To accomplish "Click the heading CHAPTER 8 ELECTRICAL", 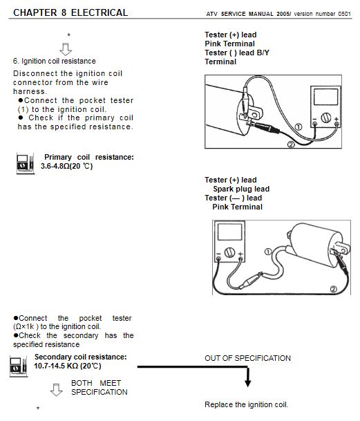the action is pos(70,12).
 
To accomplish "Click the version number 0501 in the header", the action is pos(344,14).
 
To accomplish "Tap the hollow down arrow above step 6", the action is pos(66,49).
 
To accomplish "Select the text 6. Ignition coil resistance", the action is pos(54,61).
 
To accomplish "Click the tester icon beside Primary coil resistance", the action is pos(26,163).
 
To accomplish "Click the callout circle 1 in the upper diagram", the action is pos(299,127).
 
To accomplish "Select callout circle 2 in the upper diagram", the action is pos(291,144).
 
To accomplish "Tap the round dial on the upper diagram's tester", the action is pos(325,118).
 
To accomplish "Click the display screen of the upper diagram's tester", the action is pos(325,97).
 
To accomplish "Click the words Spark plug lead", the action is pos(241,189).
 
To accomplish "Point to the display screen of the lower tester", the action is pos(229,232).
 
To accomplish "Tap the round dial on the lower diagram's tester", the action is pos(229,252).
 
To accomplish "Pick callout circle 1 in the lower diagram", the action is pos(268,252).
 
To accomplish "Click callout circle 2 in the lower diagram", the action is pos(333,289).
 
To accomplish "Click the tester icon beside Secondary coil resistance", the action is pos(19,366).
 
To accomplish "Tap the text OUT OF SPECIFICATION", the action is pos(247,358).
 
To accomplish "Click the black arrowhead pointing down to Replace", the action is pos(248,382).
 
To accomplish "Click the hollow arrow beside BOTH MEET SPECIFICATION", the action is pos(57,390).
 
